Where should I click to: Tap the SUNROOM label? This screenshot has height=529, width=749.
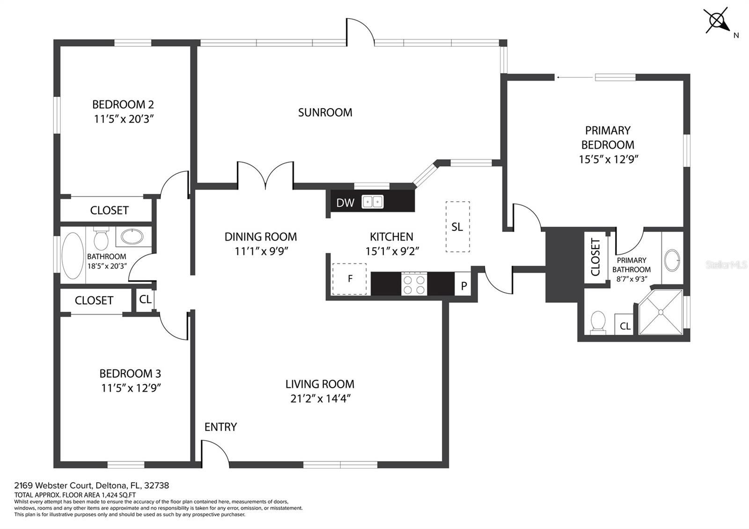click(x=325, y=112)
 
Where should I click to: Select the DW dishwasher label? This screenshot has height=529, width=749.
click(x=345, y=203)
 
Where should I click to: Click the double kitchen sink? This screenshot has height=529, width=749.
click(x=373, y=202)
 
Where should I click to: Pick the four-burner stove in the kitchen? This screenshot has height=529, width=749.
click(x=414, y=284)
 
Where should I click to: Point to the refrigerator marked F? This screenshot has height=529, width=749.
click(x=349, y=279)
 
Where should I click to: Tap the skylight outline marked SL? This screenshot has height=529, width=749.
click(x=457, y=227)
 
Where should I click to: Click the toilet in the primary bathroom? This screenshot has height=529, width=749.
click(x=598, y=323)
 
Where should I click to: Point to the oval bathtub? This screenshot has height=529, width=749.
click(x=73, y=256)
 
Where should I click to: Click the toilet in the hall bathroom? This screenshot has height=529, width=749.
click(x=101, y=238)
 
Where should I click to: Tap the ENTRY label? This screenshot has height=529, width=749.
click(x=220, y=427)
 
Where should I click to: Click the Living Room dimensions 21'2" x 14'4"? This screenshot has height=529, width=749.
click(x=320, y=399)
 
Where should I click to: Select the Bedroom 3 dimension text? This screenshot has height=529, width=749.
click(x=131, y=388)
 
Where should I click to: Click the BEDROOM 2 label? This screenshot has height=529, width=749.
click(x=123, y=105)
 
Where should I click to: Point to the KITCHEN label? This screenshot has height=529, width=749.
click(x=391, y=237)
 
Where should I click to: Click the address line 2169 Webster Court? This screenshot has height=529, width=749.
click(x=92, y=485)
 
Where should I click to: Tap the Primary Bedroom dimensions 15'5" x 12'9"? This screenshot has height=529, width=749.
click(x=609, y=159)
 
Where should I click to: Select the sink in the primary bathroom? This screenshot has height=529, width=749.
click(x=672, y=260)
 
